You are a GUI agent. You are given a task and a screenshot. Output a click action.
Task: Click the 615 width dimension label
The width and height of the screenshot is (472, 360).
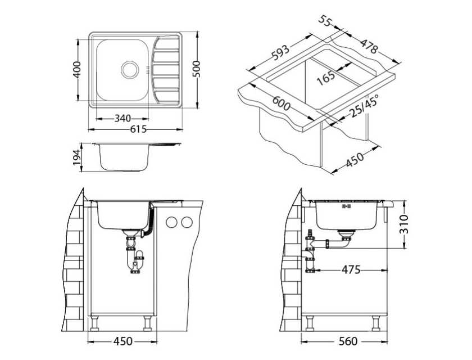pyautogui.click(x=138, y=129)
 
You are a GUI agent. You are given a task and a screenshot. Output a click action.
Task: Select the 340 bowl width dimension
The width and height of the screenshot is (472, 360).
pyautogui.click(x=122, y=118)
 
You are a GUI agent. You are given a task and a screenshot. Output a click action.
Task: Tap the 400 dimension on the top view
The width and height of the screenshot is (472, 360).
pyautogui.click(x=78, y=70)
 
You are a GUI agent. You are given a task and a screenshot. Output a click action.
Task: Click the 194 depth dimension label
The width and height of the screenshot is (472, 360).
pyautogui.click(x=77, y=157)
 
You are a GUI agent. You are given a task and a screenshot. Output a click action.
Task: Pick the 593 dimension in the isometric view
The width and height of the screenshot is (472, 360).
pyautogui.click(x=280, y=52)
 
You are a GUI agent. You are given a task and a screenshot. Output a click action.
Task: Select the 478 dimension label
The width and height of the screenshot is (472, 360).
pyautogui.click(x=369, y=46)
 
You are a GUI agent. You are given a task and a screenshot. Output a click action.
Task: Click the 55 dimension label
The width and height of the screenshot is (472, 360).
pyautogui.click(x=325, y=22)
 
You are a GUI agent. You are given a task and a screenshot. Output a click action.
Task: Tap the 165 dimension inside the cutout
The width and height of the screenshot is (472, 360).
pyautogui.click(x=326, y=78)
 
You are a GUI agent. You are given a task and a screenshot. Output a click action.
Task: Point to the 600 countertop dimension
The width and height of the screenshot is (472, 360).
pyautogui.click(x=282, y=103)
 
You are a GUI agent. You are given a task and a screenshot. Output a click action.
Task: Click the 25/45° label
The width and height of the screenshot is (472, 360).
pyautogui.click(x=364, y=106)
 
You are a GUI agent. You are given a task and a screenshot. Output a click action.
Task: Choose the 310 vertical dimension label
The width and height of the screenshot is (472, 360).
pyautogui.click(x=403, y=224)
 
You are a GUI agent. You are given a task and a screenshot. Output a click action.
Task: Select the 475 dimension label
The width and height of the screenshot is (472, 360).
pyautogui.click(x=351, y=269)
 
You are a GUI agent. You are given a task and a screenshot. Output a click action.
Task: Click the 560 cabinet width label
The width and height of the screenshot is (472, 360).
pyautogui.click(x=348, y=341)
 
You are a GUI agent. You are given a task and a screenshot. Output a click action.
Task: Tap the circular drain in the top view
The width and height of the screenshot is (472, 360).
pyautogui.click(x=130, y=70)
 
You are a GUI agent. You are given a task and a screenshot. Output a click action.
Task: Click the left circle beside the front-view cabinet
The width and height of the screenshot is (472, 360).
pyautogui.click(x=171, y=222)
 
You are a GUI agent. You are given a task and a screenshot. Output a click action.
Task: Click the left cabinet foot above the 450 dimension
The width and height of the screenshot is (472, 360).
pyautogui.click(x=94, y=323)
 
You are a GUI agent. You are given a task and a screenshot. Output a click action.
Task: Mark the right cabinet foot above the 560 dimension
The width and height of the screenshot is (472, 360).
pyautogui.click(x=376, y=323)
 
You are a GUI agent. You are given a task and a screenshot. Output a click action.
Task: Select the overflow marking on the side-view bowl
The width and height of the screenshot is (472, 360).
pyautogui.click(x=347, y=206)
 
